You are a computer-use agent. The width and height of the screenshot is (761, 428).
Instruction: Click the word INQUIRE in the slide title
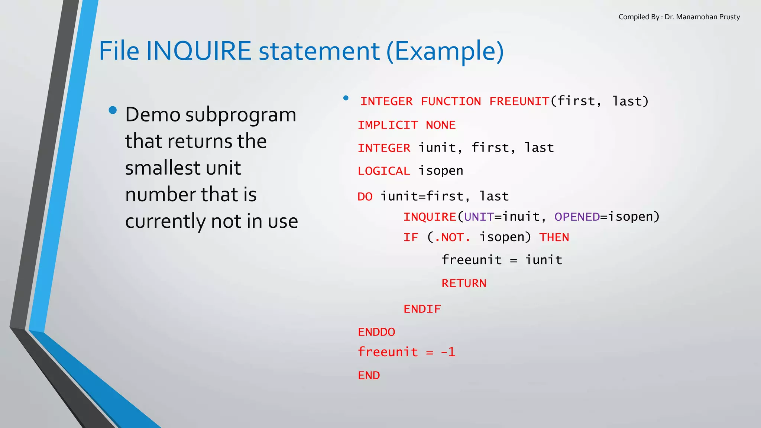pos(199,51)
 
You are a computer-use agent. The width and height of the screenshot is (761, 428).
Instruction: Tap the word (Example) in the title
pos(445,52)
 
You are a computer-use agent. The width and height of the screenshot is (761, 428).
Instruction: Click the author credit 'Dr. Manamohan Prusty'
pos(702,17)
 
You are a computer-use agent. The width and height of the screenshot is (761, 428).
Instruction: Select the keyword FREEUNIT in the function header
pos(519,101)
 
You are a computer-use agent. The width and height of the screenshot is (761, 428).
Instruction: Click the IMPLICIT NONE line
pos(407,125)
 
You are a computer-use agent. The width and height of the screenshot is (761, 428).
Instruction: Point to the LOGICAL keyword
pos(384,171)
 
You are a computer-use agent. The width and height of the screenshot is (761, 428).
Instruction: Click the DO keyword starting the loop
pos(365,197)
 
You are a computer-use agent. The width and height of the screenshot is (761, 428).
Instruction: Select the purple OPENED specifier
pos(577,217)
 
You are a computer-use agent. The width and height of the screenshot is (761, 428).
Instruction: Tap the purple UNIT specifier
pos(479,217)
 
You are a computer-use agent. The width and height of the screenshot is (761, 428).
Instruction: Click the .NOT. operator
pos(452,237)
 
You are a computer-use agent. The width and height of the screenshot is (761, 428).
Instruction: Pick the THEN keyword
pos(554,237)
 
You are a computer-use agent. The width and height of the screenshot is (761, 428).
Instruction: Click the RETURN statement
pos(464,283)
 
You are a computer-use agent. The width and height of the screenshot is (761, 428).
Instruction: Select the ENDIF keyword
pos(422,309)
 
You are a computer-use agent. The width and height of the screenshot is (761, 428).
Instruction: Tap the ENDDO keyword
pos(376,332)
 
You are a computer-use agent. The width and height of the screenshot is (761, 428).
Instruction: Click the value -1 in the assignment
pos(448,352)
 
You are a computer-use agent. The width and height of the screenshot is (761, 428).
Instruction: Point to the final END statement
pos(369,376)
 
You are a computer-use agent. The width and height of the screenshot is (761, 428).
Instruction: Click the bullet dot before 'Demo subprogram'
pos(113,110)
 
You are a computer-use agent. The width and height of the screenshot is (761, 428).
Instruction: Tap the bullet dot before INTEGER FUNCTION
pos(346,98)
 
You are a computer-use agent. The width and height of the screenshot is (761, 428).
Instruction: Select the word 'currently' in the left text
pos(165,221)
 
